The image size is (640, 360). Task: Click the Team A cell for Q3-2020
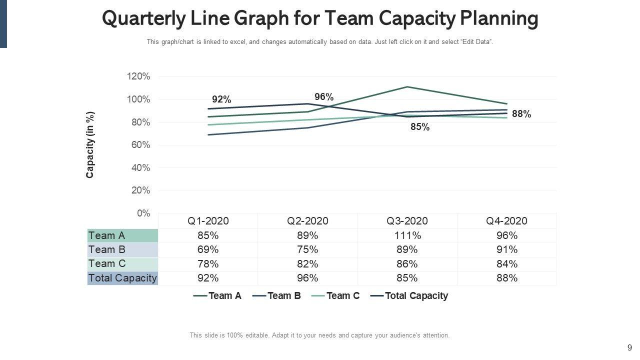tap(407, 235)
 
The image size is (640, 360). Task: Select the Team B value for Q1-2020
tap(208, 249)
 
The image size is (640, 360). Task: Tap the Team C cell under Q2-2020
tap(307, 263)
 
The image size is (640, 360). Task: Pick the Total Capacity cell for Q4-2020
tap(506, 277)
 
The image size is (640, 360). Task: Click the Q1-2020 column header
tap(208, 221)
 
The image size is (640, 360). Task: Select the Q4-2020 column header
tap(506, 221)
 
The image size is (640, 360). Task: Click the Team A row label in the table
tap(107, 235)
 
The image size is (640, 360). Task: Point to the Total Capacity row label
tap(122, 277)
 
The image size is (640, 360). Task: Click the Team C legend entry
tap(342, 295)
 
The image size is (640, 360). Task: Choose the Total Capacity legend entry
tap(416, 295)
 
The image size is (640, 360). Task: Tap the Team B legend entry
tap(284, 295)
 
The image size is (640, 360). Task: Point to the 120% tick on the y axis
tap(138, 76)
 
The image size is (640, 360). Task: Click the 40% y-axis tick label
tap(140, 168)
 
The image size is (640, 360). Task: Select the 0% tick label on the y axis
tap(143, 213)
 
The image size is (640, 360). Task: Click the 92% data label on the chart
tap(221, 99)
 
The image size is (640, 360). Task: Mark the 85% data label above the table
tap(420, 127)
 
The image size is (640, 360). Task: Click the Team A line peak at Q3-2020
tap(407, 87)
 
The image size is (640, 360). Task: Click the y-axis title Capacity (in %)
tap(90, 144)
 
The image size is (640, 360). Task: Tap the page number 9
tap(629, 347)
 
